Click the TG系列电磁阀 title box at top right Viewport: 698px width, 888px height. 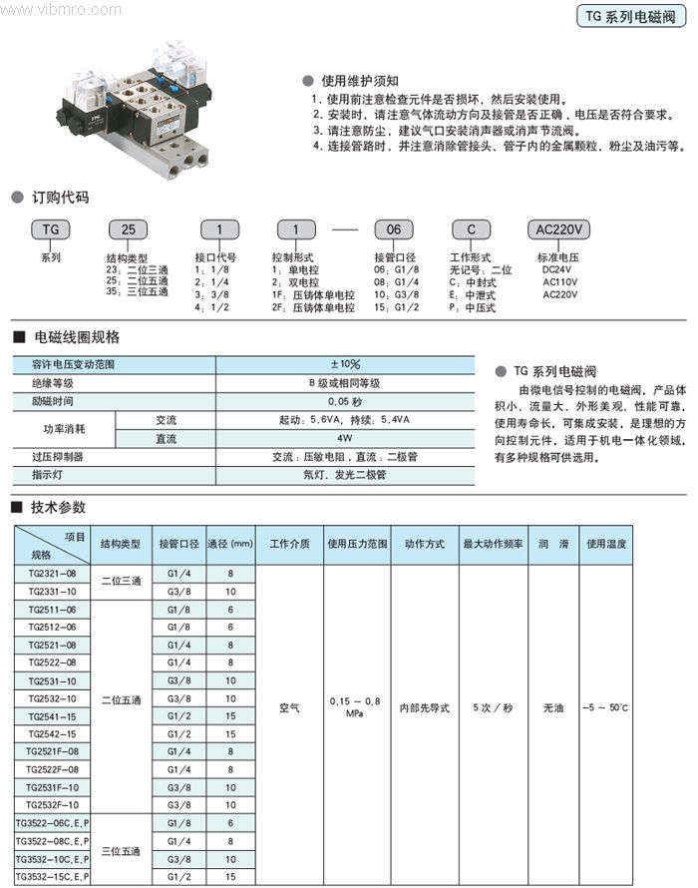pyautogui.click(x=631, y=17)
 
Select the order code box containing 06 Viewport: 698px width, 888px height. pyautogui.click(x=394, y=229)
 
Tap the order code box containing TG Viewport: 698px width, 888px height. pyautogui.click(x=50, y=229)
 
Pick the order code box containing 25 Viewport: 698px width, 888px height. pyautogui.click(x=128, y=229)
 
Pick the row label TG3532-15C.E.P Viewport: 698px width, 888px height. pyautogui.click(x=52, y=876)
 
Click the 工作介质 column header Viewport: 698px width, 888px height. pyautogui.click(x=289, y=545)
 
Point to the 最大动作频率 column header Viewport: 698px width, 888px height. pyautogui.click(x=493, y=545)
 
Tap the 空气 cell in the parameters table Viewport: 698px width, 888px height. pyautogui.click(x=289, y=707)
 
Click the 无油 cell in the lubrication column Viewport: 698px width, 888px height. pyautogui.click(x=553, y=707)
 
